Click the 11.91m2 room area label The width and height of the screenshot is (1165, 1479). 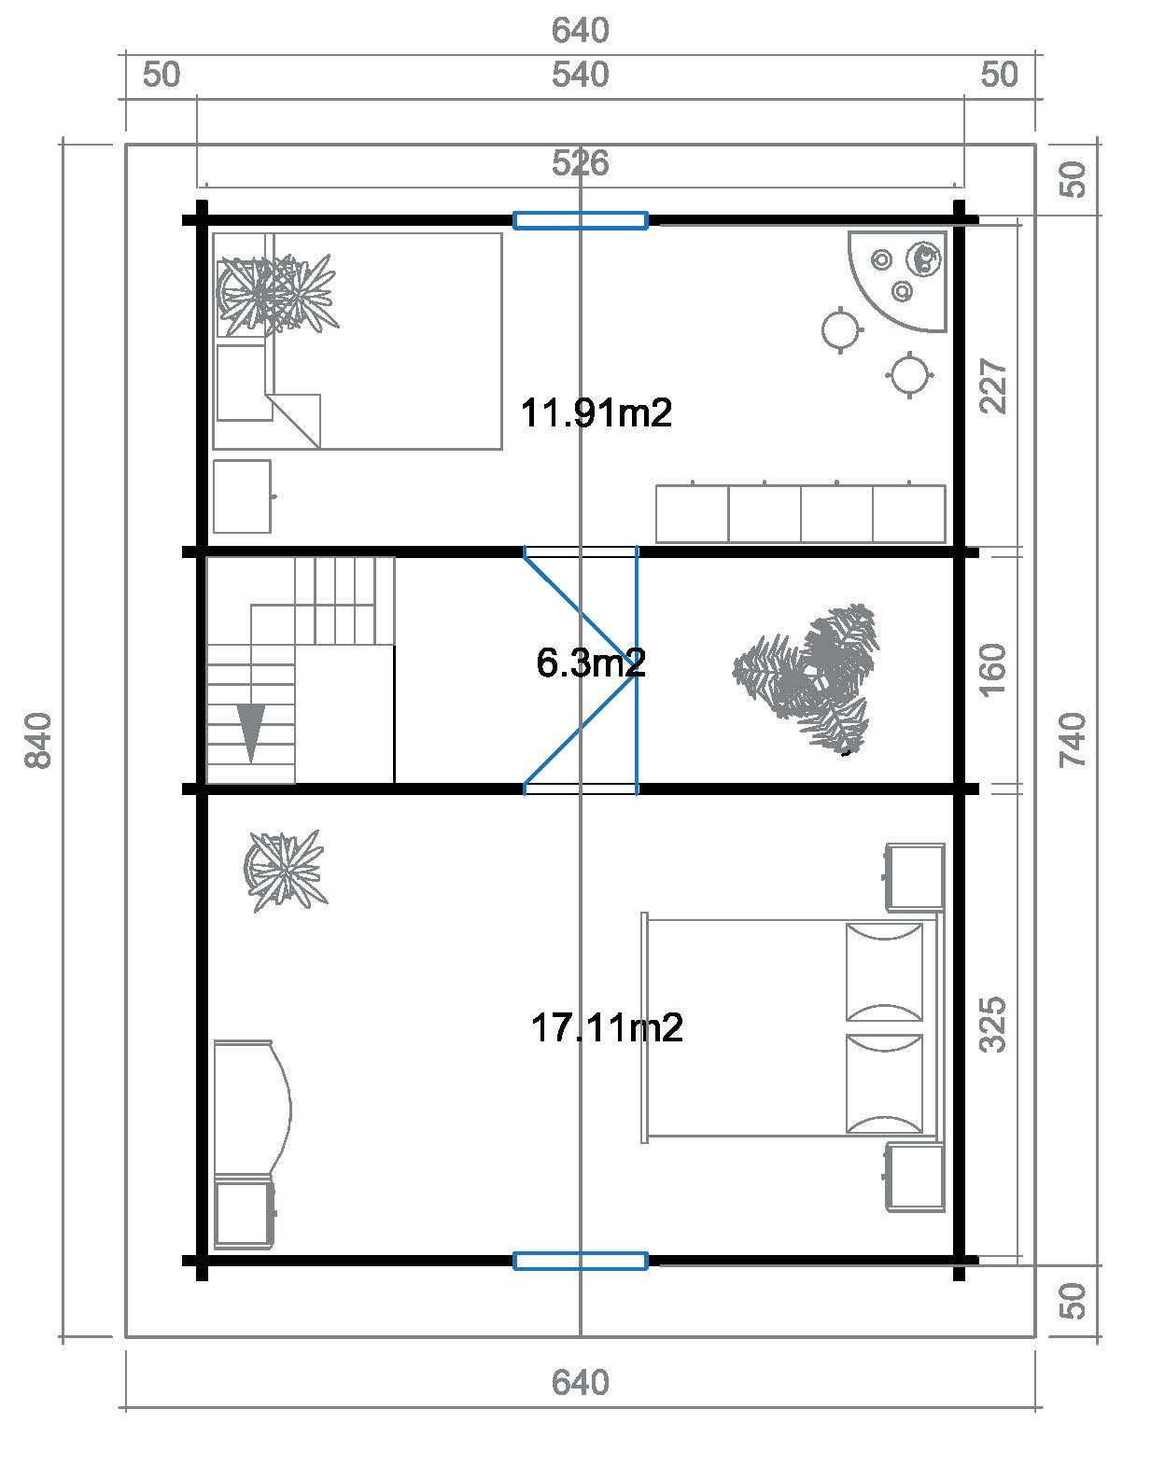tap(596, 413)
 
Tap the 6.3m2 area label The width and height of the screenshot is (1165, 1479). tap(591, 663)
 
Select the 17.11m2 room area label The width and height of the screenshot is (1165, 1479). tap(607, 1028)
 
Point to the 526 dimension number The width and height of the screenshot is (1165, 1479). tap(581, 163)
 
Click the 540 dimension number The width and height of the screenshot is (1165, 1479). tap(581, 75)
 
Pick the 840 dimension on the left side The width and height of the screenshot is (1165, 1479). tap(38, 740)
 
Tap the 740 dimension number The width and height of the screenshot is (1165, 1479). tap(1073, 740)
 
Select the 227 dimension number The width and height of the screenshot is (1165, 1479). tap(992, 385)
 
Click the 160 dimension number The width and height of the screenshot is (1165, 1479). tap(992, 670)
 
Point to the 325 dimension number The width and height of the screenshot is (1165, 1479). tap(992, 1024)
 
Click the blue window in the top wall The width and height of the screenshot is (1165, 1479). tap(581, 220)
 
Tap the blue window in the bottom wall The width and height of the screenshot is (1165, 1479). tap(581, 1261)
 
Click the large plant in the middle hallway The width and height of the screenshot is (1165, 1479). tap(806, 677)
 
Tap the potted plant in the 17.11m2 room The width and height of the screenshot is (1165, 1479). tap(285, 871)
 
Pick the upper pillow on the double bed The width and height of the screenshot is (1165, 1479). tap(884, 972)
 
